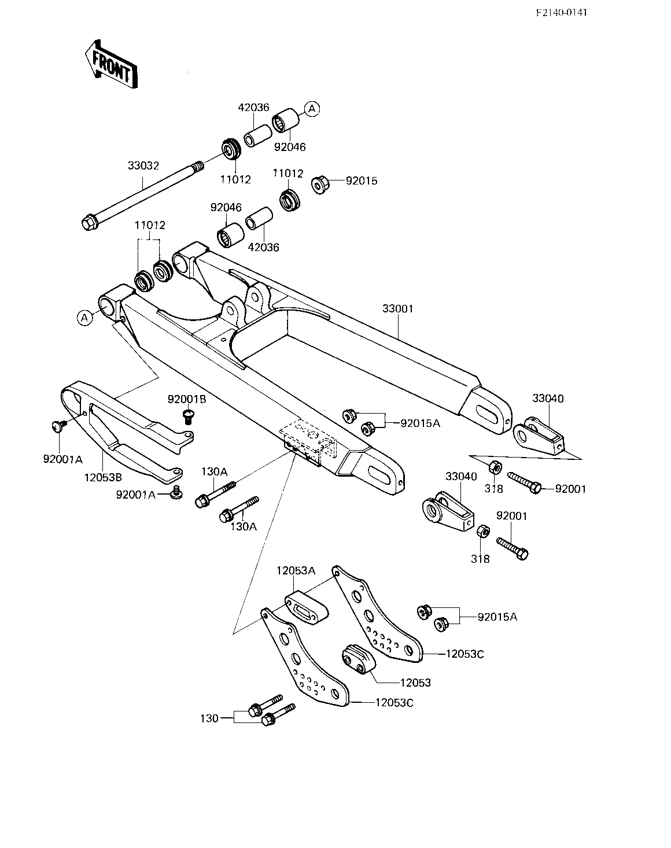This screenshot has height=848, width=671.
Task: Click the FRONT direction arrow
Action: click(x=111, y=64)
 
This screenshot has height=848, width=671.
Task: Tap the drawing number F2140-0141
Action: click(x=562, y=13)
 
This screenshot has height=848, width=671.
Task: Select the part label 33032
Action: click(x=143, y=165)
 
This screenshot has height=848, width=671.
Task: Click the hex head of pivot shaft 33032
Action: click(x=89, y=223)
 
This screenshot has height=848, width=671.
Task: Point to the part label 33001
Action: click(x=398, y=308)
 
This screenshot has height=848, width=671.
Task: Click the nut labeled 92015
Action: click(x=320, y=185)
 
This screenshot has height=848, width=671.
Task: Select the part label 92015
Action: click(x=362, y=181)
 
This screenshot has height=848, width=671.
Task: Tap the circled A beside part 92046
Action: click(x=312, y=108)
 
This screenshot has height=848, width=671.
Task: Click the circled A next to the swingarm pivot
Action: click(x=84, y=318)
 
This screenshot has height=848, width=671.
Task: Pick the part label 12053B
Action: click(x=103, y=478)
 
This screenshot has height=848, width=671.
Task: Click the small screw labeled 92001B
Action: click(x=188, y=416)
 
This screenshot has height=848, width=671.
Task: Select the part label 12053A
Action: click(x=296, y=570)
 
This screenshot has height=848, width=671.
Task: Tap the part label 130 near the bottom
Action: click(x=209, y=718)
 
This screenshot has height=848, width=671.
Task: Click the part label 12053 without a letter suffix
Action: click(x=415, y=683)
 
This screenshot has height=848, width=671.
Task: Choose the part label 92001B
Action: click(x=187, y=399)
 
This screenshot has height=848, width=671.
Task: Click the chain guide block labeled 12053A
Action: click(x=307, y=607)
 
